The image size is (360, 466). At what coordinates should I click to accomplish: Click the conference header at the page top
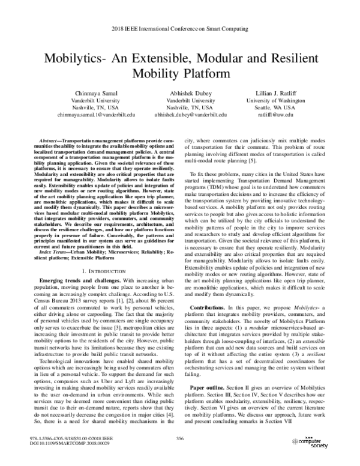click(x=180, y=28)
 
